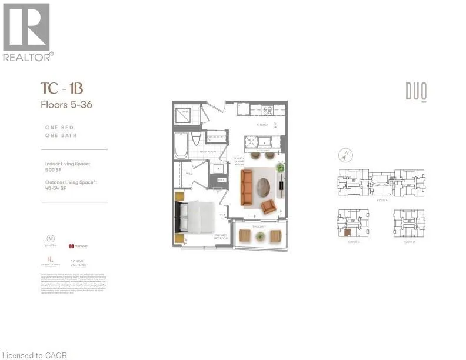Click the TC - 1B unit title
tap(62, 88)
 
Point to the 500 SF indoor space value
tap(52, 170)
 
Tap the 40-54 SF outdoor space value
tap(56, 189)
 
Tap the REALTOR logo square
tap(26, 27)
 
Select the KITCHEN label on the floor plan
tap(262, 125)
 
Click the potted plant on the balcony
tap(260, 236)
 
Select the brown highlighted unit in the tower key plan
tap(347, 232)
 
